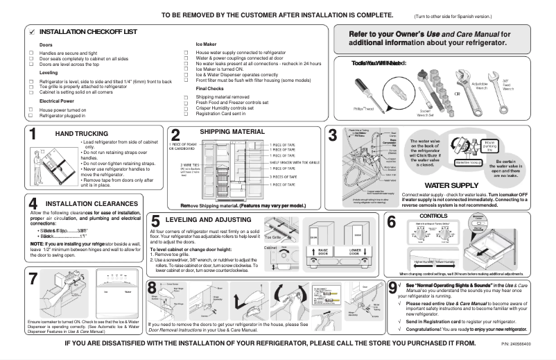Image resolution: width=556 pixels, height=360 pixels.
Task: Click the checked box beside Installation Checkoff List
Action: tap(31, 33)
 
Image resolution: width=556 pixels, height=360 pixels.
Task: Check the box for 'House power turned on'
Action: tap(31, 110)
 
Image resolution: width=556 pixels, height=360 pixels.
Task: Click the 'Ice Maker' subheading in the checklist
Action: tap(208, 44)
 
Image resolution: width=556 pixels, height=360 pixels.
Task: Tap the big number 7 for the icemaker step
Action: tap(33, 280)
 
